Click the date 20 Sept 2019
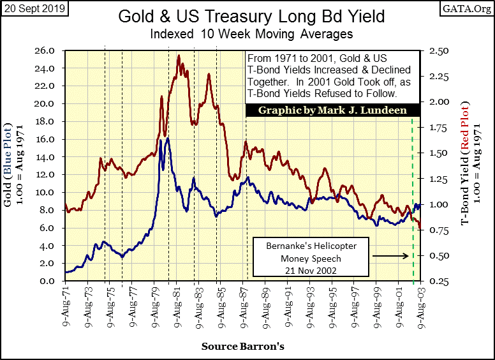coord(33,8)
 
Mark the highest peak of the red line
coord(178,56)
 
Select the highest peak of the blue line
coord(167,138)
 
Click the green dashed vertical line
coord(412,191)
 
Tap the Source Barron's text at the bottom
coord(243,347)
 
